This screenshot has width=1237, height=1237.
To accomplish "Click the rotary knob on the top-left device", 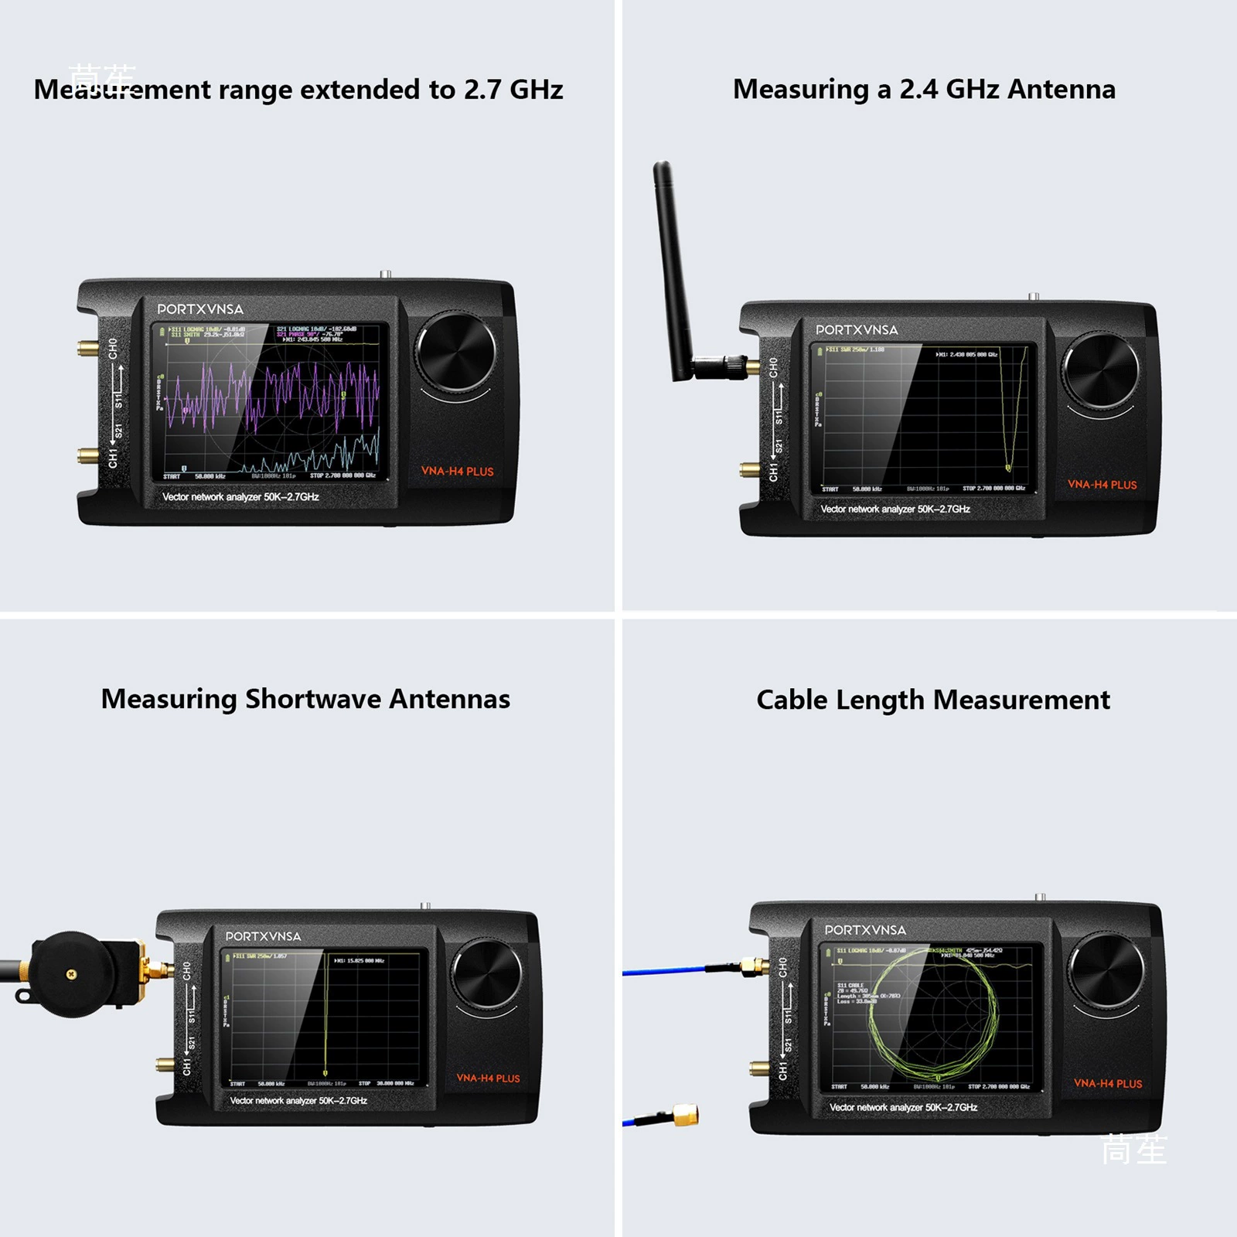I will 456,353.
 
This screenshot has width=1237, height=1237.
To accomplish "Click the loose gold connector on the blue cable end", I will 685,1115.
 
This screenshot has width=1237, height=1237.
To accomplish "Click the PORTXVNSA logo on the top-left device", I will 200,309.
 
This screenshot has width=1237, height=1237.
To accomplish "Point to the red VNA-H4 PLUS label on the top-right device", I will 1102,485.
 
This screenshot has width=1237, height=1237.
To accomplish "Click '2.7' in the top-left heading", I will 482,90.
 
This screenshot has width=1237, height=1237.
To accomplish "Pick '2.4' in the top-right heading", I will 918,90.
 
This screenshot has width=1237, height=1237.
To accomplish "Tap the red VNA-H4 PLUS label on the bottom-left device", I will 488,1078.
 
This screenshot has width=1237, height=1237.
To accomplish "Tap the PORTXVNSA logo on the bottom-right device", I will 864,930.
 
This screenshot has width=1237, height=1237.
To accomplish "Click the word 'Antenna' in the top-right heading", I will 1061,90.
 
